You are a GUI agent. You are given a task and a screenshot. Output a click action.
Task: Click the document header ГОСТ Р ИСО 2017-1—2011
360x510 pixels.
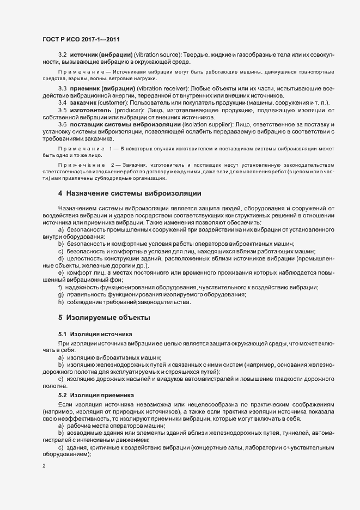(81, 40)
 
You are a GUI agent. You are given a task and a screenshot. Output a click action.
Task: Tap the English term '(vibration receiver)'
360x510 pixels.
(161, 88)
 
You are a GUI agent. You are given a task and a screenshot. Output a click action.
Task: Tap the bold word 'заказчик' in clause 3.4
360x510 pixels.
(85, 103)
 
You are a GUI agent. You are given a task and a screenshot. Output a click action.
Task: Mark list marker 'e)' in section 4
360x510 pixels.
(61, 272)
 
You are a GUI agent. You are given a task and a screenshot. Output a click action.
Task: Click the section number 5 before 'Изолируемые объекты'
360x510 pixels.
(60, 317)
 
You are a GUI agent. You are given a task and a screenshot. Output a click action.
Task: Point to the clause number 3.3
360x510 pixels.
(62, 88)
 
